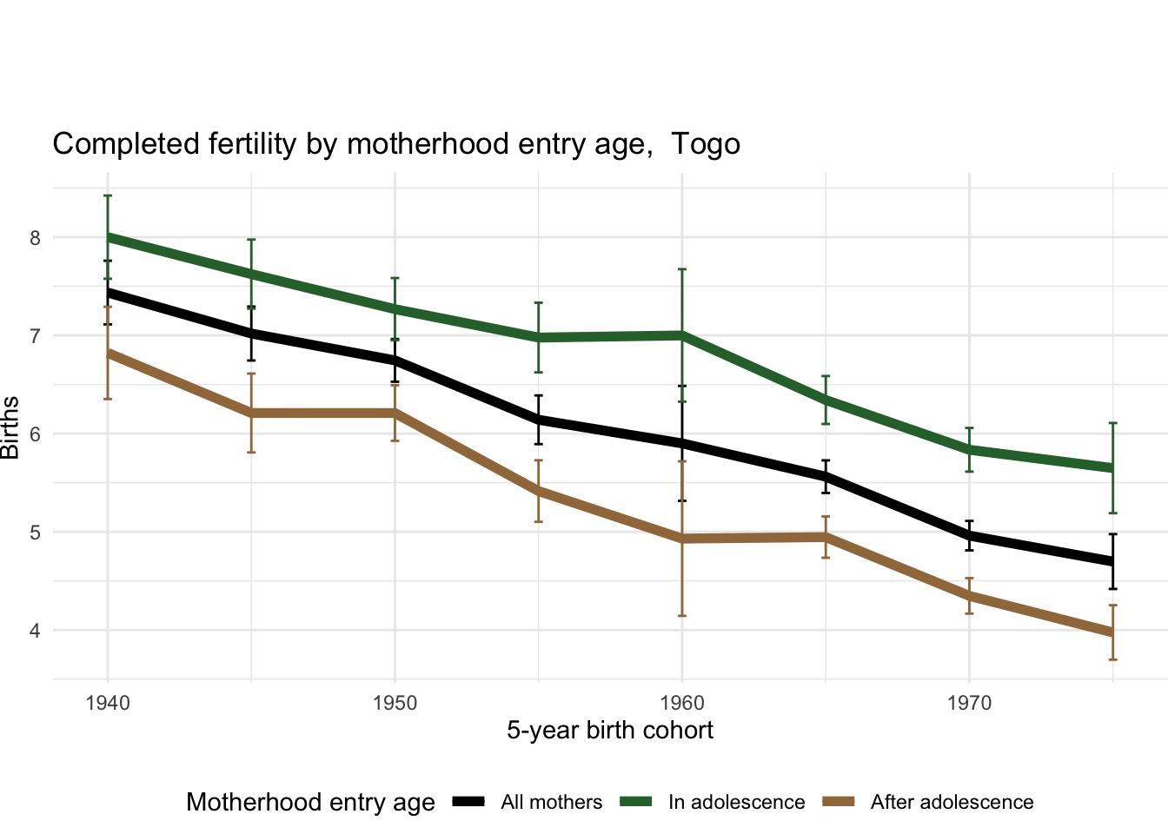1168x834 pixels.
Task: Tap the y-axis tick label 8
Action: coord(36,238)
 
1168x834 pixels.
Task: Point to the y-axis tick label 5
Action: coord(36,533)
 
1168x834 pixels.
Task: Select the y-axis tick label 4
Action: coord(36,631)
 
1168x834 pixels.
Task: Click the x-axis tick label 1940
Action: coord(108,703)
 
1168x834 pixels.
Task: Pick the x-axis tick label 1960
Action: coord(682,703)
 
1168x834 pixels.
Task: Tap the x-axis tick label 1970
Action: coord(969,703)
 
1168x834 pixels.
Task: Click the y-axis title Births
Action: coord(10,427)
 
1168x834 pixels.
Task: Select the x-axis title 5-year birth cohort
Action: coord(610,731)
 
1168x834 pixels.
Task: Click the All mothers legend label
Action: coord(551,803)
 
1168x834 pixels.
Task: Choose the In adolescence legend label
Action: coord(736,803)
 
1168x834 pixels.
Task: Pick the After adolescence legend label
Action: coord(952,803)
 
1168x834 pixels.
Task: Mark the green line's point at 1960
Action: coord(682,334)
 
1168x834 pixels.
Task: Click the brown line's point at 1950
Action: coord(395,413)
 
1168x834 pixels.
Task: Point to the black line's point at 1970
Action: coord(969,535)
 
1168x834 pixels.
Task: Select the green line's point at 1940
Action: coord(108,236)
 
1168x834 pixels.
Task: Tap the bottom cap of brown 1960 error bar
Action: coord(682,616)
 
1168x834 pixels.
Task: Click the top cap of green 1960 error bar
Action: coord(682,269)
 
